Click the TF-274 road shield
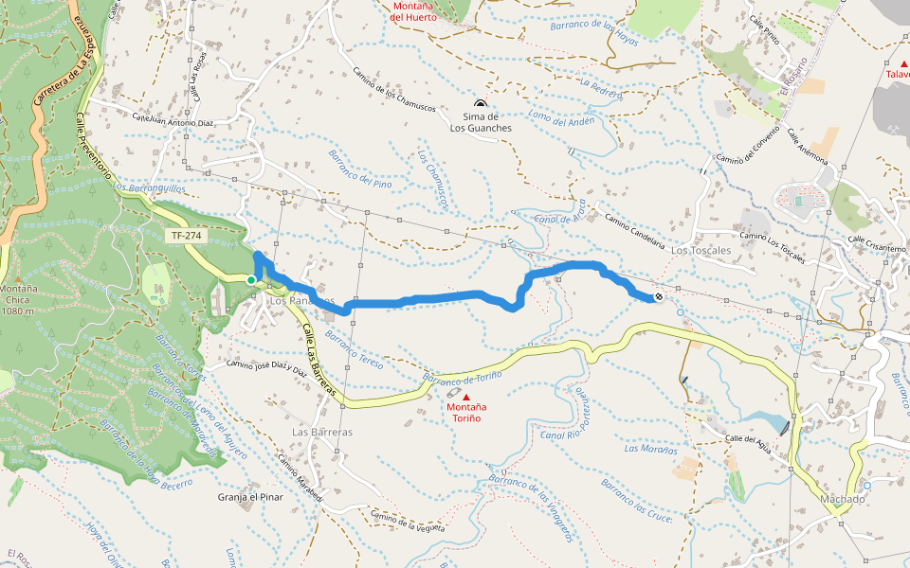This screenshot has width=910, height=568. click(186, 236)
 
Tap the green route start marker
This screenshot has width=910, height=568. click(250, 279)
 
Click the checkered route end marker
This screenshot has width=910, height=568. click(659, 297)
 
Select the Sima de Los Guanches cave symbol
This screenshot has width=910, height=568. click(481, 104)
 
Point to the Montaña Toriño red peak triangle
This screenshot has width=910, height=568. click(465, 397)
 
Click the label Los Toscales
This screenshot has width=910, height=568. click(701, 251)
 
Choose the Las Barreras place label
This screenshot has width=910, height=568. click(322, 432)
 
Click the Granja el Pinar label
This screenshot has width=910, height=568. click(251, 497)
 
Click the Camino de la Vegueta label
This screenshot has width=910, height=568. click(408, 521)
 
